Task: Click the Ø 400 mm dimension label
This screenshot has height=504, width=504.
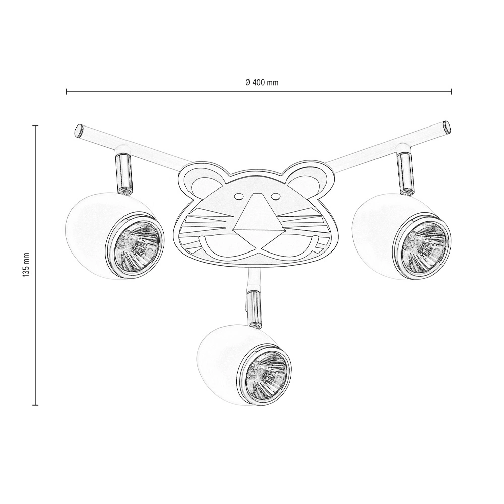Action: (262, 83)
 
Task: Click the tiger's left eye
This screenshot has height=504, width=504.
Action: (238, 196)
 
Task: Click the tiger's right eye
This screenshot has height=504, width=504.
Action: (275, 196)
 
